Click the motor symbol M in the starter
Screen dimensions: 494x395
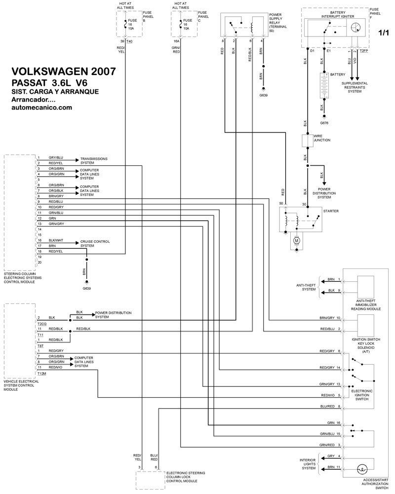click(297, 240)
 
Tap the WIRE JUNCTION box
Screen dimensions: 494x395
click(308, 141)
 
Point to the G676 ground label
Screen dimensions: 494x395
click(324, 122)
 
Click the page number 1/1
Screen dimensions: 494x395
click(384, 34)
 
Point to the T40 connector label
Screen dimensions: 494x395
click(130, 41)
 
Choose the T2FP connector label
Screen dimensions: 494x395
click(364, 50)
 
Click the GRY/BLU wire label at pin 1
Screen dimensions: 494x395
click(55, 158)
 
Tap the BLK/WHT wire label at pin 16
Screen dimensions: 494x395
click(56, 240)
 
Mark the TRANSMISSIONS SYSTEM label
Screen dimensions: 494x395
click(94, 160)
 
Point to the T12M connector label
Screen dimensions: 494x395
click(41, 374)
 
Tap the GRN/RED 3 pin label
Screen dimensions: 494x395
click(331, 445)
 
